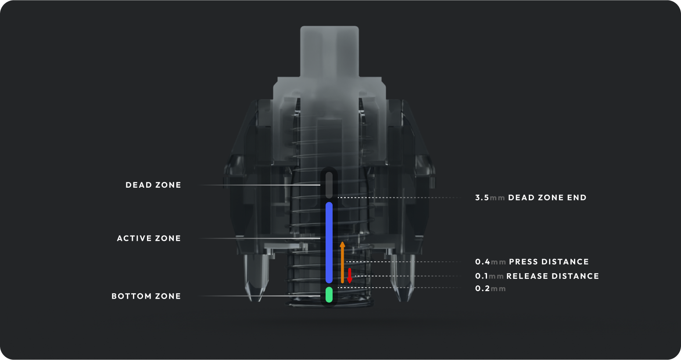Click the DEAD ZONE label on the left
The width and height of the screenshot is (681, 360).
click(x=153, y=185)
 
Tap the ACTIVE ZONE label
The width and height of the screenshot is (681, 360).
click(x=149, y=239)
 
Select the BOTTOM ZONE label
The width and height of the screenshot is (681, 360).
click(x=146, y=296)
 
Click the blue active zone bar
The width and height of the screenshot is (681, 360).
click(x=329, y=242)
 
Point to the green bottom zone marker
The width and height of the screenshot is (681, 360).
click(x=329, y=295)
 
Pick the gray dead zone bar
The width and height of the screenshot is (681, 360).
click(x=329, y=185)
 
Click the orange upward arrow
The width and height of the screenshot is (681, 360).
click(x=342, y=263)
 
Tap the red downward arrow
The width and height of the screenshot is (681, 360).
click(x=350, y=275)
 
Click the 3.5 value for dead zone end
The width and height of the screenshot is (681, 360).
click(x=482, y=198)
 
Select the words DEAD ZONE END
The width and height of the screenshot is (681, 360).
click(x=547, y=198)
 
